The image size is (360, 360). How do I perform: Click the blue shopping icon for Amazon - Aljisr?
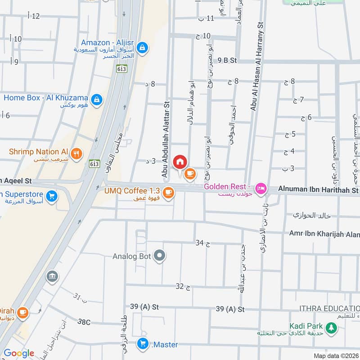[142, 47]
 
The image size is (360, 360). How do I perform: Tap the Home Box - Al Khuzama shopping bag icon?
[96, 101]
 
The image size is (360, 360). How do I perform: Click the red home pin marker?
[180, 162]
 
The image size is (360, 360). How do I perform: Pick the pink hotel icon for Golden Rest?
[260, 189]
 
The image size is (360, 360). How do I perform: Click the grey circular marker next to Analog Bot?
[159, 256]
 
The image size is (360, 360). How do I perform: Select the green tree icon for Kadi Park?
[331, 328]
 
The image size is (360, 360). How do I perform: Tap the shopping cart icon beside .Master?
[143, 345]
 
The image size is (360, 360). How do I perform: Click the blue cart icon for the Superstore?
[52, 197]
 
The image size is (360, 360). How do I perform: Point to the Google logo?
[19, 353]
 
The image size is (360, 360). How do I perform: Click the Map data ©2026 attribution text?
[335, 355]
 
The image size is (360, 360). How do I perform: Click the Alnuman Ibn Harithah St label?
[318, 190]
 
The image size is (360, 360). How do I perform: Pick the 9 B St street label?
[227, 60]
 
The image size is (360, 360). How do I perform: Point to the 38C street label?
[84, 322]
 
